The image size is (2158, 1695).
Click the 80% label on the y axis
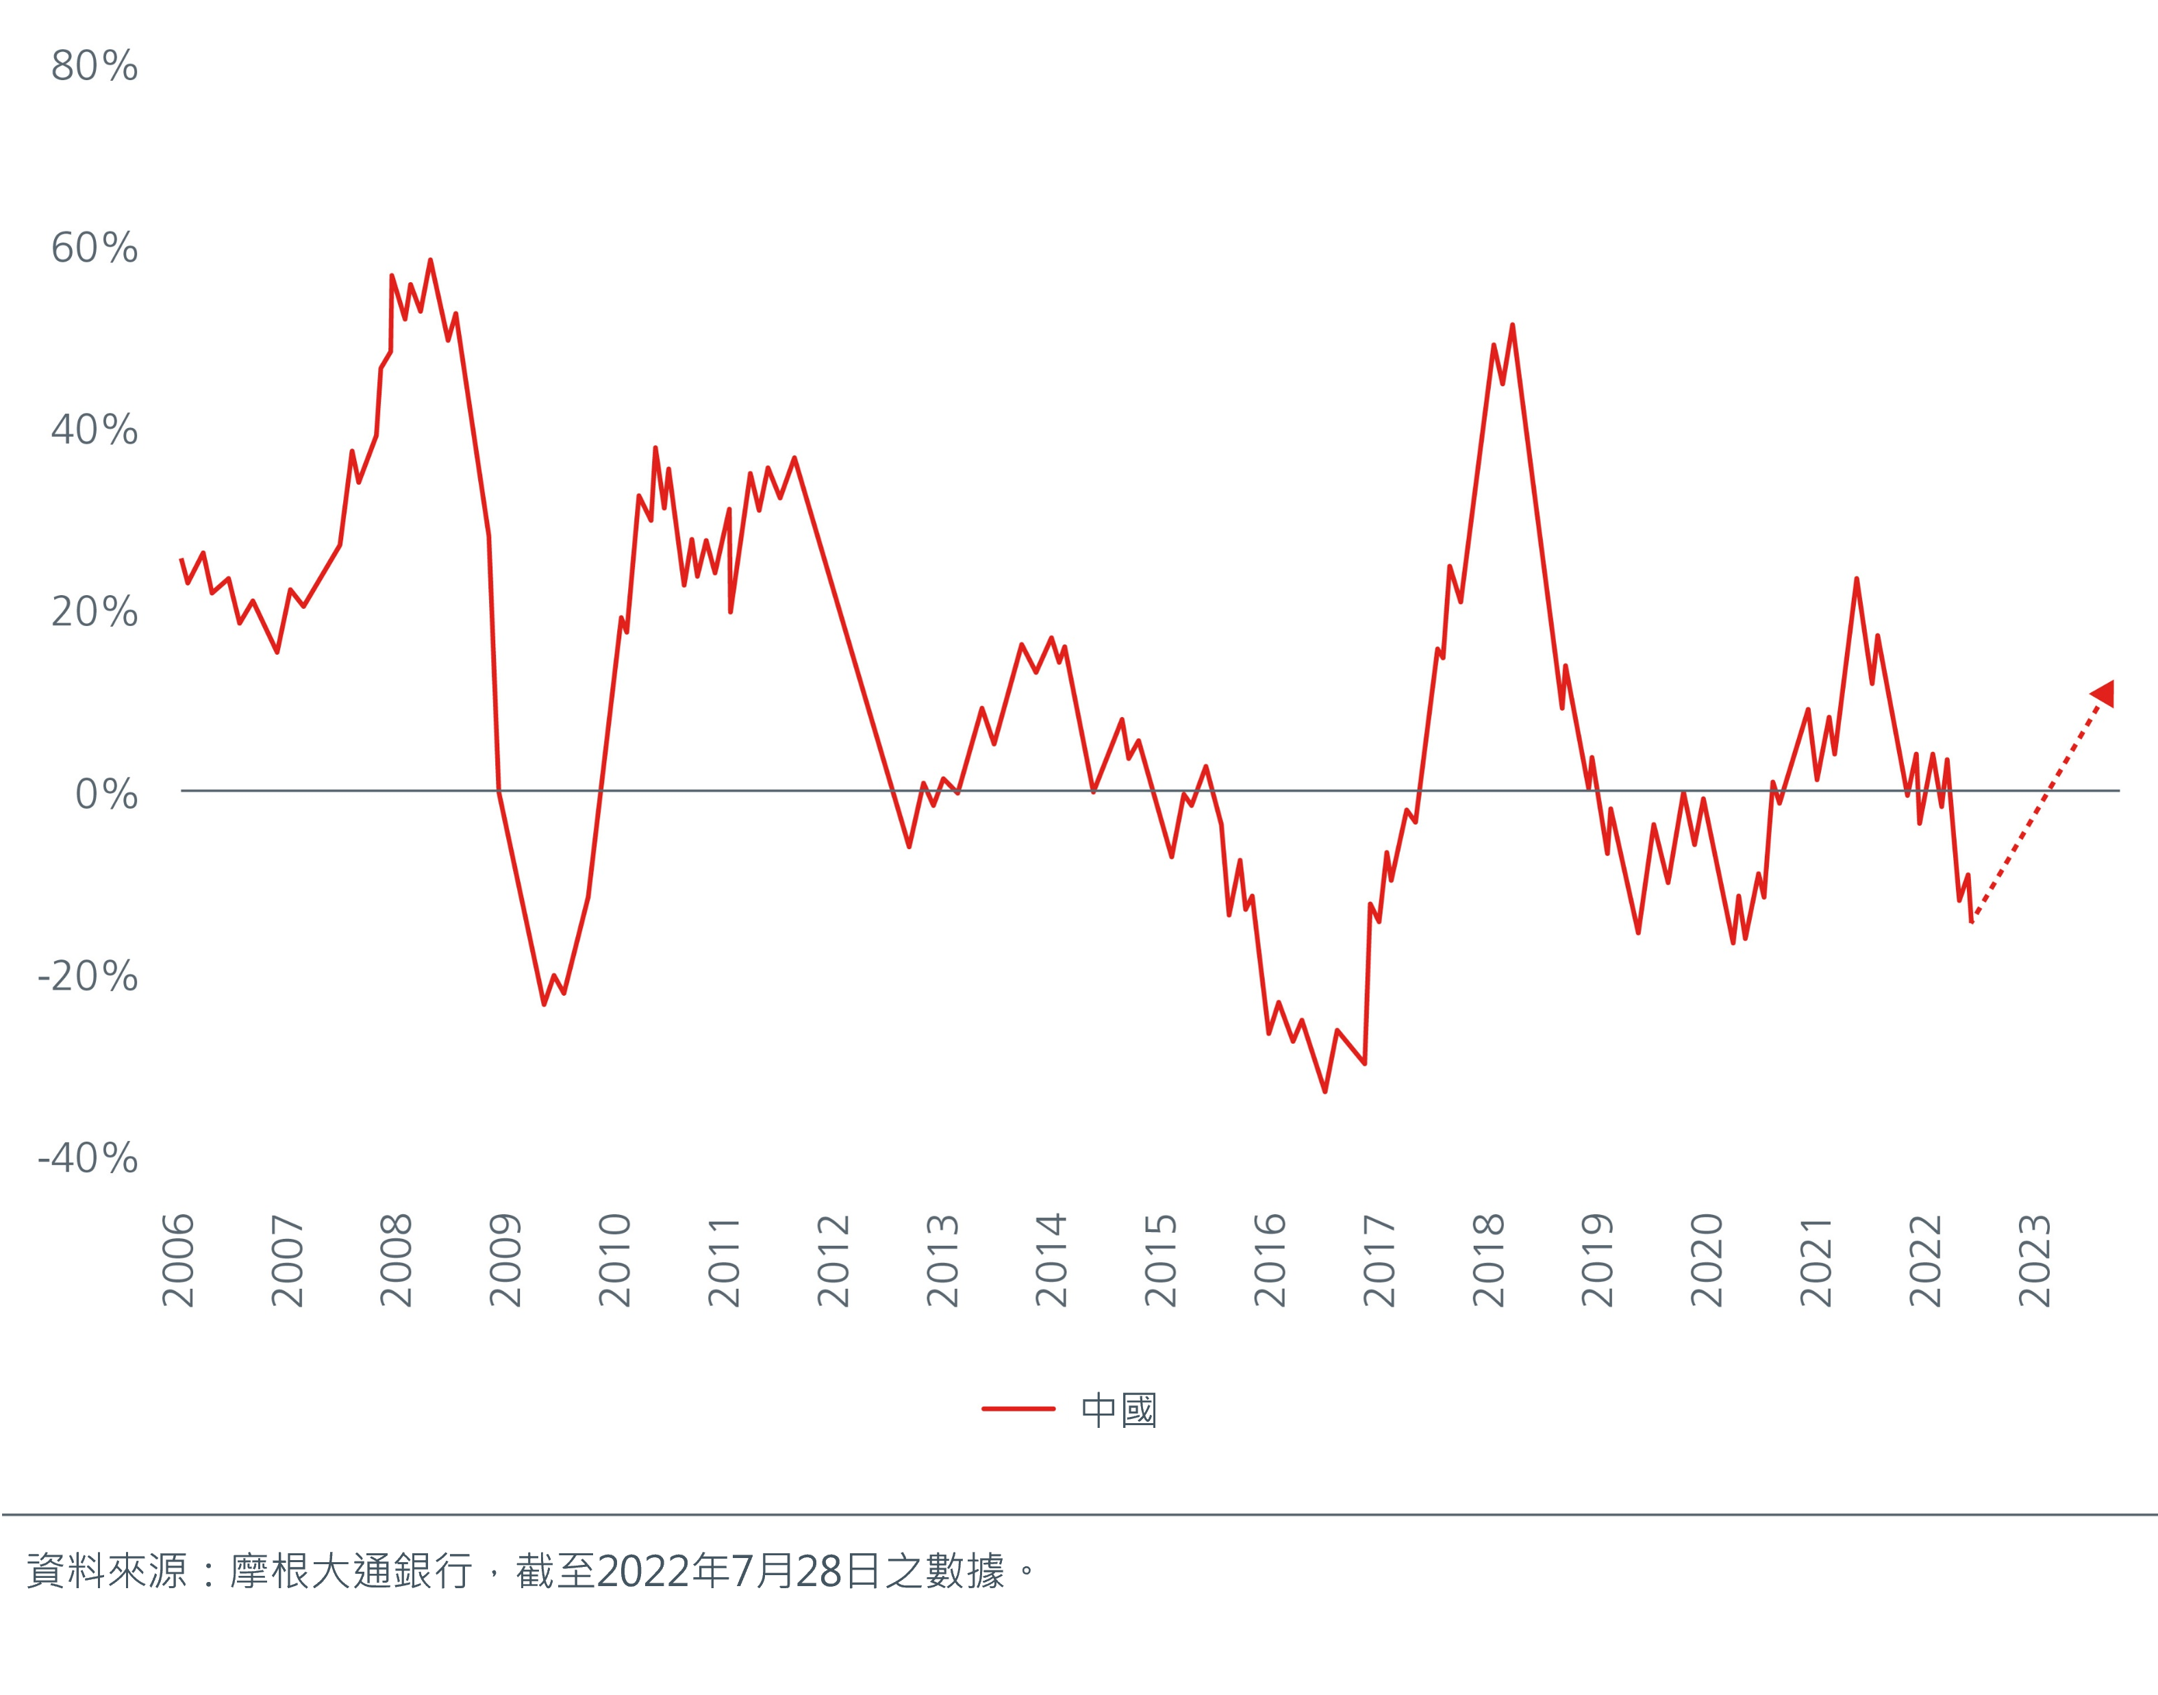[95, 66]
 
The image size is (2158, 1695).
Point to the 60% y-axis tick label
[95, 248]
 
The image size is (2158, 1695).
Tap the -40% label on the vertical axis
[87, 1158]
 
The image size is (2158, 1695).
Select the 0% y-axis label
[106, 794]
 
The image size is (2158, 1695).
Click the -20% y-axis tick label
[87, 977]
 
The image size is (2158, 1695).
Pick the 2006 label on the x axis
[179, 1260]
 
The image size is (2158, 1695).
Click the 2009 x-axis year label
[506, 1260]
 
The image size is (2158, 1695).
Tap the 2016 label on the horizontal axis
[1270, 1260]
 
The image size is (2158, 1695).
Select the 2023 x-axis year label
[2035, 1260]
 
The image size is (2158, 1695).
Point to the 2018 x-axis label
[1488, 1260]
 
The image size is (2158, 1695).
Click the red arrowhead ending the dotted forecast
[2103, 694]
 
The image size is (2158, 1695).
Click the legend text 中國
[1119, 1410]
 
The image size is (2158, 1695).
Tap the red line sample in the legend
[1018, 1408]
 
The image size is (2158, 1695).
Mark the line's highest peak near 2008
[429, 260]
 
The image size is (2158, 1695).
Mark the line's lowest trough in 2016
[1325, 1092]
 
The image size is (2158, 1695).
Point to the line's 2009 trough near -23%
[544, 1004]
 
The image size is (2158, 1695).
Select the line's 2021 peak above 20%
[1855, 579]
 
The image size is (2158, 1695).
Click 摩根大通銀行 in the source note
[350, 1571]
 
